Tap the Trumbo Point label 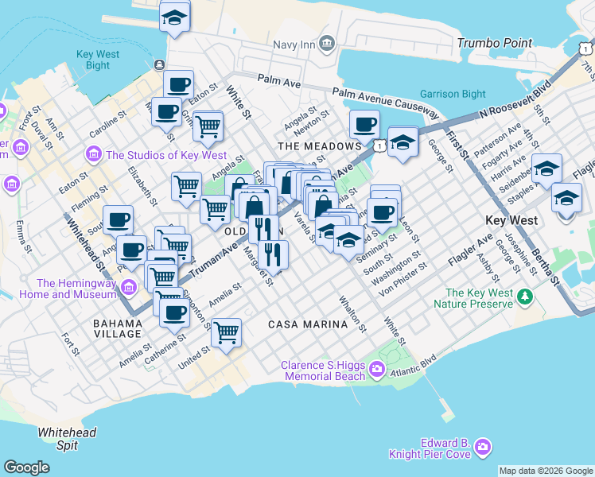coord(493,42)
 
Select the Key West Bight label coord(98,60)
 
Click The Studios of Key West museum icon coord(94,153)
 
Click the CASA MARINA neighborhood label coord(308,324)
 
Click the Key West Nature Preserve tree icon coord(524,297)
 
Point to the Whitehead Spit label coord(68,438)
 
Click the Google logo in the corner coord(26,467)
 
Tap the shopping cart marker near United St coord(227,332)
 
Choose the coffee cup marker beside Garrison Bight coord(365,124)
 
